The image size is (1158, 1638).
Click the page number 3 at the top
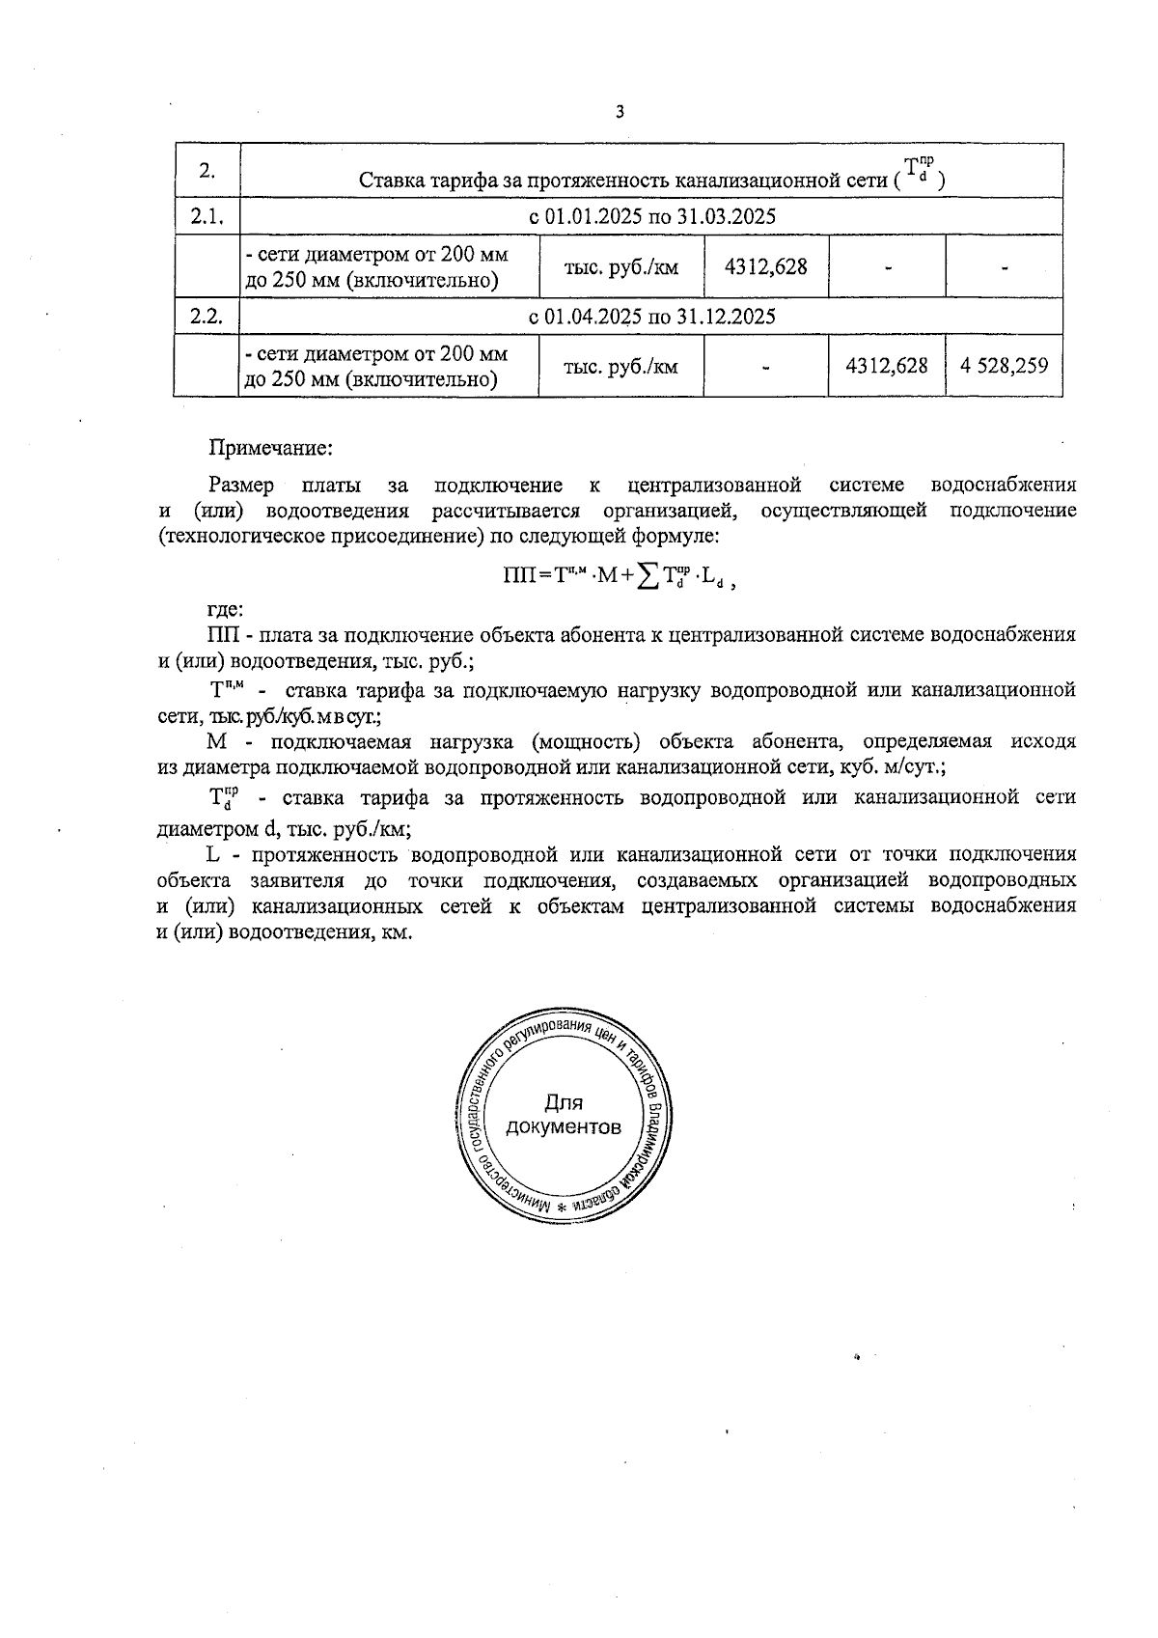pos(620,112)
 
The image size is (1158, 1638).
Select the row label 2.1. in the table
pos(207,216)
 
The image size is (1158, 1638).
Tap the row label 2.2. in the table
pos(207,316)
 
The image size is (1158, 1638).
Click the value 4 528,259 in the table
pos(1004,366)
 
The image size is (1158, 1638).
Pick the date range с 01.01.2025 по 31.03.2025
pos(652,216)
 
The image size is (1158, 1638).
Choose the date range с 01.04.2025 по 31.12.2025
pos(652,316)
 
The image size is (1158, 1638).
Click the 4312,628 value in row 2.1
pos(765,266)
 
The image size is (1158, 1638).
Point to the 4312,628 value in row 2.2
pos(886,366)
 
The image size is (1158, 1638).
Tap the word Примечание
pos(271,448)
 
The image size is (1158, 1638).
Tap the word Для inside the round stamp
pos(564,1102)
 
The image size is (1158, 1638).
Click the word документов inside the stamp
pos(564,1127)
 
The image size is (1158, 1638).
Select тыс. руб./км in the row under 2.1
pos(620,266)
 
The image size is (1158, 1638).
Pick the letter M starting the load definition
pos(216,741)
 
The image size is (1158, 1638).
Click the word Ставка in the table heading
pos(393,180)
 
